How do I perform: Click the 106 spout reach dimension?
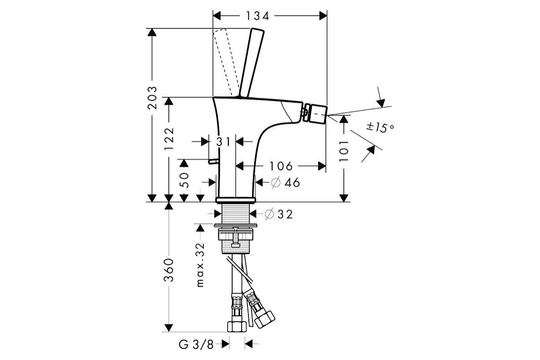(282, 166)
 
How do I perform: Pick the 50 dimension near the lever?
(184, 180)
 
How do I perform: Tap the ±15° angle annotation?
(380, 127)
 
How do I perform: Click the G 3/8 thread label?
(197, 345)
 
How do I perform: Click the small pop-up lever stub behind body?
(212, 161)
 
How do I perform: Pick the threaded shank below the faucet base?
(236, 214)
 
